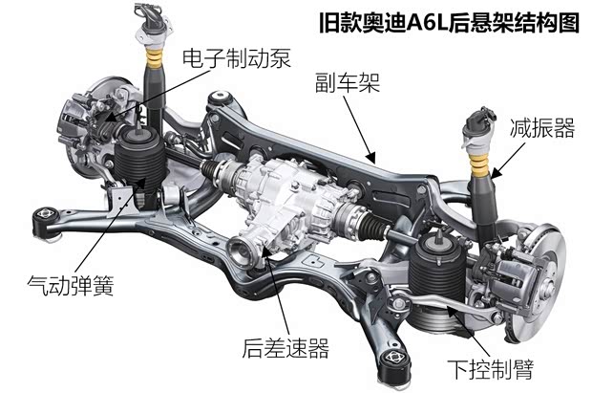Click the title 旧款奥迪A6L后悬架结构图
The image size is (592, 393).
[449, 23]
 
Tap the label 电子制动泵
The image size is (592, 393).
[237, 59]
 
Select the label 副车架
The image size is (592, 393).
[348, 82]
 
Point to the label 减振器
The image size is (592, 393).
[542, 127]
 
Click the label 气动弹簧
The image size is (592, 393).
[71, 284]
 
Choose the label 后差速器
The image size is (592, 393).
[285, 348]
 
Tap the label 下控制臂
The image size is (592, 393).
[491, 369]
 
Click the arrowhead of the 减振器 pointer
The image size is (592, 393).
[496, 174]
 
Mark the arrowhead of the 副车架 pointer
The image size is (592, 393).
[371, 158]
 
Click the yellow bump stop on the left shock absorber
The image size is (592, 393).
[154, 58]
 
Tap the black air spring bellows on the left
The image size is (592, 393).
[140, 161]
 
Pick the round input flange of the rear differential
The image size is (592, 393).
[240, 250]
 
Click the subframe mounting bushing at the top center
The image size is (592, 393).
[221, 98]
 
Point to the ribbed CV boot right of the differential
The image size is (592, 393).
[374, 227]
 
